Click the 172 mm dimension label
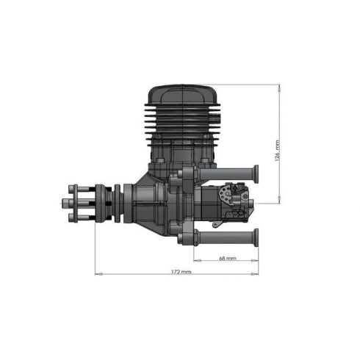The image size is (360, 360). point(180,272)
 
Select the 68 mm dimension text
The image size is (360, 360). point(228,259)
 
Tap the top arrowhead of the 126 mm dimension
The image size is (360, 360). point(279,87)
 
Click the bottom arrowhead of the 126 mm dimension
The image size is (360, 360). point(279,201)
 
